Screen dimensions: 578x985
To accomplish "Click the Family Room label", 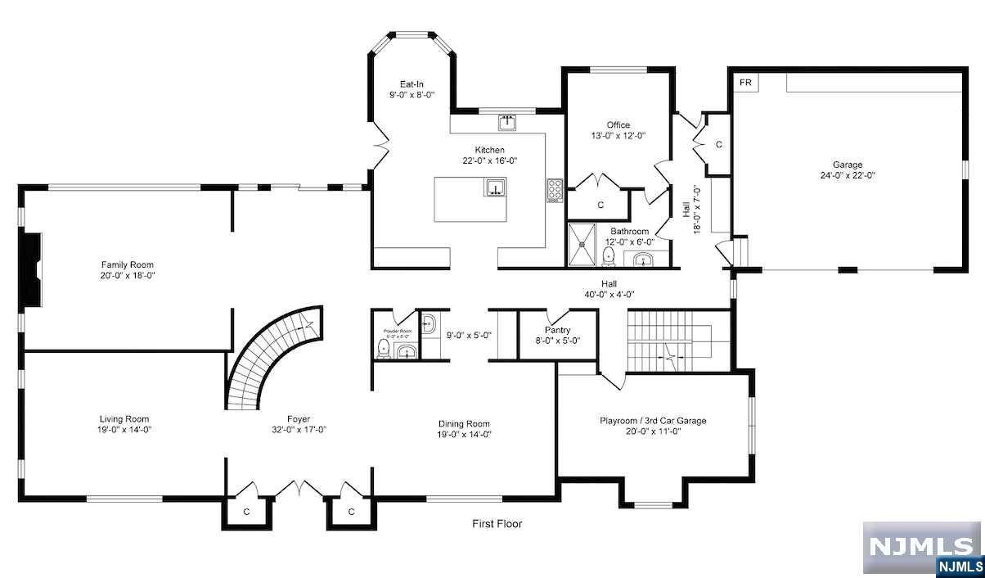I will pyautogui.click(x=127, y=264).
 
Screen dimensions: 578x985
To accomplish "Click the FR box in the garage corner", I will pyautogui.click(x=745, y=83).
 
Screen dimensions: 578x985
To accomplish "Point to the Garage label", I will pyautogui.click(x=848, y=165).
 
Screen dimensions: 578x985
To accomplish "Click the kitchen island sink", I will pyautogui.click(x=495, y=189).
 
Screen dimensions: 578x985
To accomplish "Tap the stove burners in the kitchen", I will pyautogui.click(x=554, y=190).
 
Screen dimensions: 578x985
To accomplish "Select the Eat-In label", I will pyautogui.click(x=412, y=84).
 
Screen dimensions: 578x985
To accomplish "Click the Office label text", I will pyautogui.click(x=618, y=125).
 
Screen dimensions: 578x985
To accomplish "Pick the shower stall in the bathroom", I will pyautogui.click(x=585, y=245).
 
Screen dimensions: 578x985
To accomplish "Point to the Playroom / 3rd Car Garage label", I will pyautogui.click(x=654, y=421).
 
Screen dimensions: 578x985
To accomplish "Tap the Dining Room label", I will pyautogui.click(x=464, y=423).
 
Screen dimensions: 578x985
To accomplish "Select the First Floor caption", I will pyautogui.click(x=497, y=524).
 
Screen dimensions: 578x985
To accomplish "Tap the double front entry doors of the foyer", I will pyautogui.click(x=299, y=489).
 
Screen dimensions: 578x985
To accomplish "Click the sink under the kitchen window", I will pyautogui.click(x=507, y=123).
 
